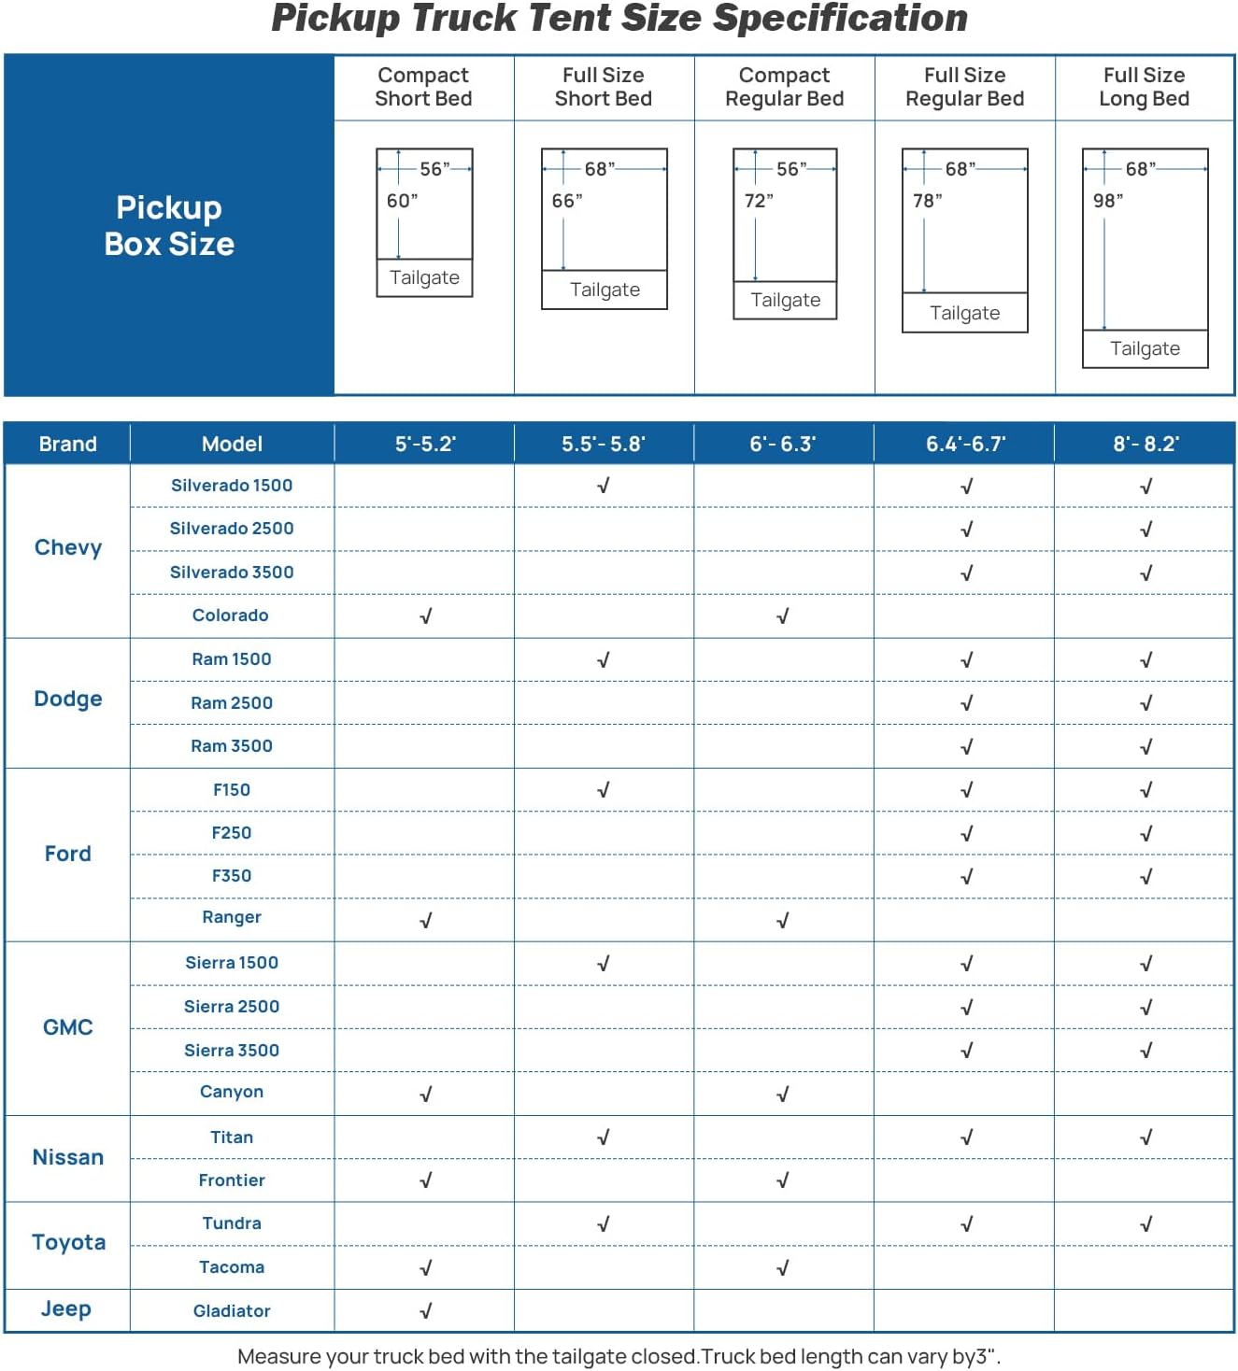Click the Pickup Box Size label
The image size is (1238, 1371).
[169, 225]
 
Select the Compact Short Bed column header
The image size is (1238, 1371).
[423, 87]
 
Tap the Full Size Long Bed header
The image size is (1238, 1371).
[1144, 87]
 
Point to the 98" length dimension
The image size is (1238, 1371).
[1108, 201]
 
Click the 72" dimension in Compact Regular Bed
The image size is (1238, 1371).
[759, 201]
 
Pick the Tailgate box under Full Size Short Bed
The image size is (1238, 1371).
[605, 290]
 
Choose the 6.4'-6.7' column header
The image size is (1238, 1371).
[965, 444]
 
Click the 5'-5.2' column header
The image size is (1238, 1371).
[424, 444]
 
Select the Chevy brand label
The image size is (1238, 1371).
[68, 547]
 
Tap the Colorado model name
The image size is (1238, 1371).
[231, 615]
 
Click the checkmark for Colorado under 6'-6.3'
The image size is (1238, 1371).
[783, 616]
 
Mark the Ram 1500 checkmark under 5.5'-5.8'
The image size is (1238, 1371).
[604, 660]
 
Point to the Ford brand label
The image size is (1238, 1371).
[68, 854]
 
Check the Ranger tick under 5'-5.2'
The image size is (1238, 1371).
[426, 921]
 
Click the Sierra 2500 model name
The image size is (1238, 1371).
[232, 1007]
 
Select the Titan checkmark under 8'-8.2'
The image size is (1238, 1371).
[1146, 1138]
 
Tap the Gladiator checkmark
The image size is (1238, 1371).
[426, 1311]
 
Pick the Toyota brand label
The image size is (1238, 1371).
[68, 1242]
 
